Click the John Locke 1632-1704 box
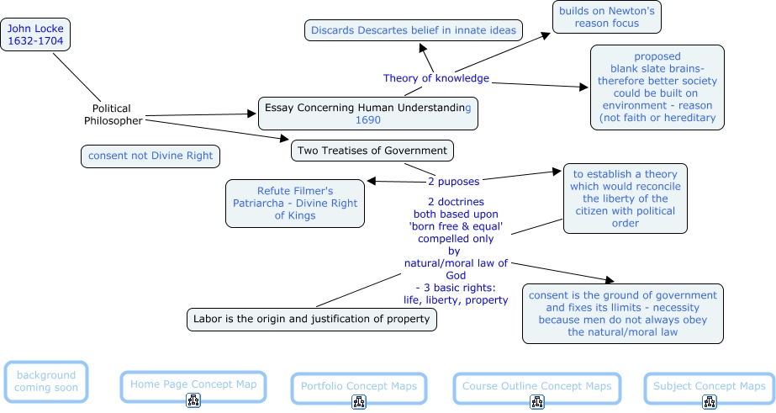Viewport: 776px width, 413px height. pyautogui.click(x=35, y=34)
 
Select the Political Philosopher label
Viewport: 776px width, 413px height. pyautogui.click(x=113, y=114)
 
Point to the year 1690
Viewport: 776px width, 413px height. pyautogui.click(x=368, y=120)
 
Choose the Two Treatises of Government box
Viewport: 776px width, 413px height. pyautogui.click(x=372, y=151)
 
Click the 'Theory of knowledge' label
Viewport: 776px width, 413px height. pyautogui.click(x=436, y=78)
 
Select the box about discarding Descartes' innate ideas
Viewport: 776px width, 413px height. pyautogui.click(x=414, y=31)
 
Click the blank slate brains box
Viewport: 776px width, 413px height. pyautogui.click(x=657, y=87)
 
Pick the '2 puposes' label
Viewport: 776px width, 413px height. pyautogui.click(x=455, y=180)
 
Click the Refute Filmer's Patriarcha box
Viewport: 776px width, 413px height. pyautogui.click(x=295, y=203)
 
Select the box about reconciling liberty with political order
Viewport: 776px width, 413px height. pyautogui.click(x=625, y=199)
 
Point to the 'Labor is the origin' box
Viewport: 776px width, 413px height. pyautogui.click(x=311, y=319)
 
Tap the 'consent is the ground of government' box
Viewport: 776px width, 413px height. pyautogui.click(x=623, y=314)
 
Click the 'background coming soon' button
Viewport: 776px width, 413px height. pyautogui.click(x=45, y=381)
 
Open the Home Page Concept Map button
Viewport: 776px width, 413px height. pyautogui.click(x=193, y=384)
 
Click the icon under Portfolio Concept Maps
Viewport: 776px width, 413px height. pyautogui.click(x=359, y=402)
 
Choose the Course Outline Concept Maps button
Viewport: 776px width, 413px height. pyautogui.click(x=536, y=386)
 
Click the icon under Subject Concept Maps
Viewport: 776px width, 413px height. pyautogui.click(x=710, y=402)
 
